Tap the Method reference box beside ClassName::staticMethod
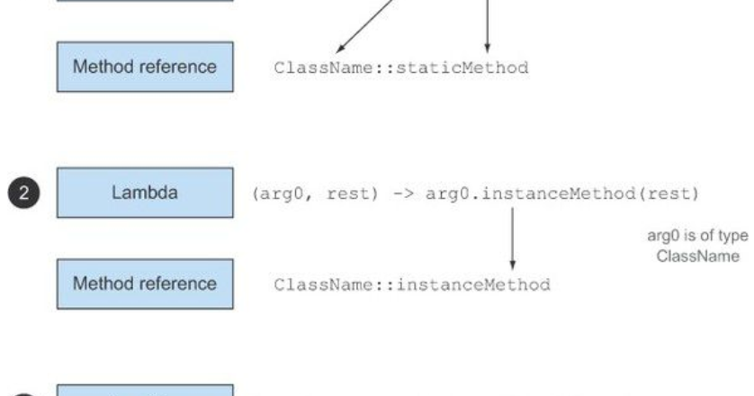click(145, 67)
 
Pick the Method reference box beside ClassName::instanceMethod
click(145, 283)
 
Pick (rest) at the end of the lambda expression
click(612, 193)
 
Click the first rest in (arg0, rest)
click(346, 193)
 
